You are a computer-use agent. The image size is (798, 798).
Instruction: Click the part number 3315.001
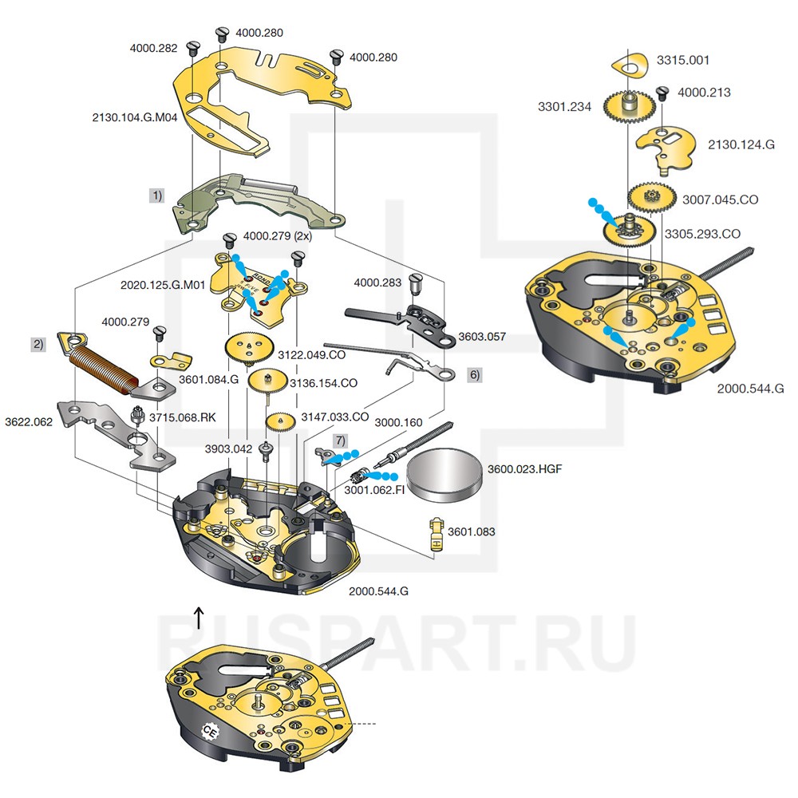682,60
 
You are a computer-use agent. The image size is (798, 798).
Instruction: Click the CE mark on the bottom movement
211,730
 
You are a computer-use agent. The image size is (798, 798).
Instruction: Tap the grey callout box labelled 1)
158,194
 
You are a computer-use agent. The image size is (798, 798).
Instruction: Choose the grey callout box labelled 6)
474,373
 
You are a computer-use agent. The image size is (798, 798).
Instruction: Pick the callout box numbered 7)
341,440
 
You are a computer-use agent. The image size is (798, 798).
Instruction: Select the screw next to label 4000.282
192,48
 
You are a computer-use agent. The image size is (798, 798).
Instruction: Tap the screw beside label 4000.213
662,93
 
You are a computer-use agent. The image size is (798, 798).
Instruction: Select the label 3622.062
29,421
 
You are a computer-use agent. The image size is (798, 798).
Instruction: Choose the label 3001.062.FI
374,489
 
